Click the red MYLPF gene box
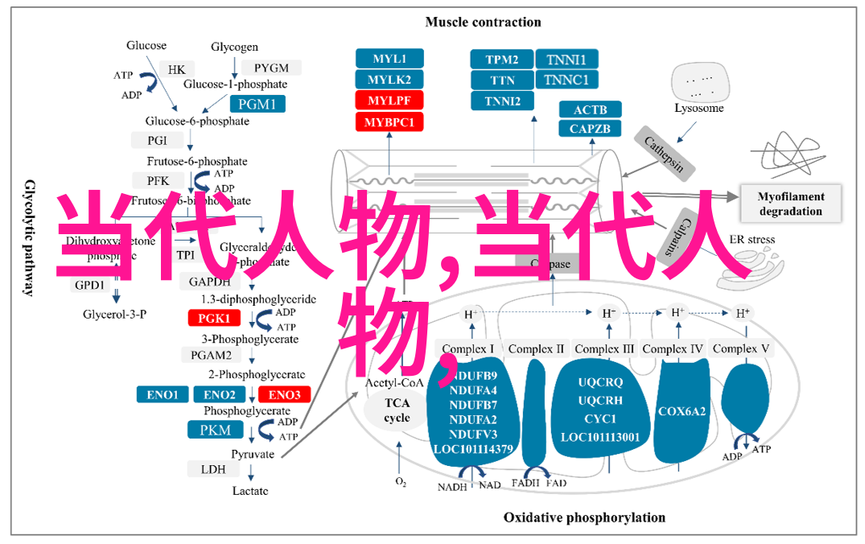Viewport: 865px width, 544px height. tap(389, 101)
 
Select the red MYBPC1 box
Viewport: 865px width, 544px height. tap(389, 122)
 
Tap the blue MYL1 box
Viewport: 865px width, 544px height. tap(389, 59)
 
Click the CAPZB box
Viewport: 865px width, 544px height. tap(590, 129)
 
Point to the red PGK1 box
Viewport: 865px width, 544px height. tap(215, 319)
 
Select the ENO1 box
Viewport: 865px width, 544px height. tap(163, 394)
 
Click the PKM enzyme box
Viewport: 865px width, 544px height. tap(215, 430)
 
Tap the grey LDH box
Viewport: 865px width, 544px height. tap(213, 468)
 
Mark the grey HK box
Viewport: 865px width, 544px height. tap(176, 70)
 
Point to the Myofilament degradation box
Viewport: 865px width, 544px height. tap(790, 204)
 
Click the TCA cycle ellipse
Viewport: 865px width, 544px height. tap(396, 410)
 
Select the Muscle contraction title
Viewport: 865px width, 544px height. tap(483, 22)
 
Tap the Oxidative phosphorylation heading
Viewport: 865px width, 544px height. tap(584, 517)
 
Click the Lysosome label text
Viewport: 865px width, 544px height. tap(698, 108)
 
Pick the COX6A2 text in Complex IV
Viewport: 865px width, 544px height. tap(682, 411)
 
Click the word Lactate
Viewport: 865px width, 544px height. tap(250, 491)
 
